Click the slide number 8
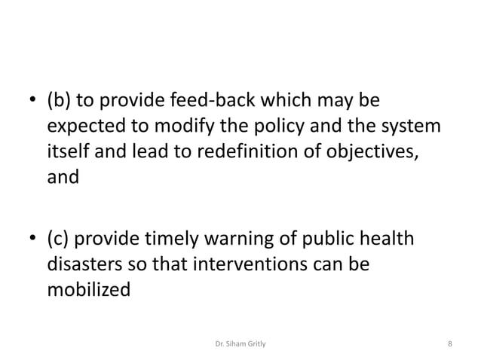(449, 345)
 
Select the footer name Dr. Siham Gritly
(240, 345)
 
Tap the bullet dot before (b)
(32, 102)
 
